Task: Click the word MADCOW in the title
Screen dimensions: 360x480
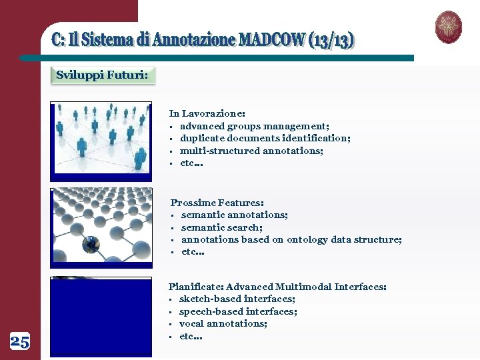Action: pyautogui.click(x=271, y=40)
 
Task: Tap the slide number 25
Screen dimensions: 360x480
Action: pyautogui.click(x=20, y=343)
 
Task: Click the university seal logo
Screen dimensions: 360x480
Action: pyautogui.click(x=449, y=27)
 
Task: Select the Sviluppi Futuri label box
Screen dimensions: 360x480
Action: pyautogui.click(x=102, y=75)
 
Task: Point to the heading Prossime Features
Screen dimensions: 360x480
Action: pyautogui.click(x=217, y=202)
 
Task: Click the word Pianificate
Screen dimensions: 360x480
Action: pyautogui.click(x=194, y=287)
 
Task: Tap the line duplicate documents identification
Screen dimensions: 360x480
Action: pyautogui.click(x=265, y=138)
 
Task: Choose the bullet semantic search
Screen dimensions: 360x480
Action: pyautogui.click(x=221, y=227)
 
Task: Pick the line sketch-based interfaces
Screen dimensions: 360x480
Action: pyautogui.click(x=237, y=299)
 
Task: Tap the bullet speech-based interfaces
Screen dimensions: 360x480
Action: pyautogui.click(x=238, y=311)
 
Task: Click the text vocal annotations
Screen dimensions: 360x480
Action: pyautogui.click(x=223, y=323)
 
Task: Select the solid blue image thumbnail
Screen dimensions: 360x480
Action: pyautogui.click(x=101, y=316)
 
